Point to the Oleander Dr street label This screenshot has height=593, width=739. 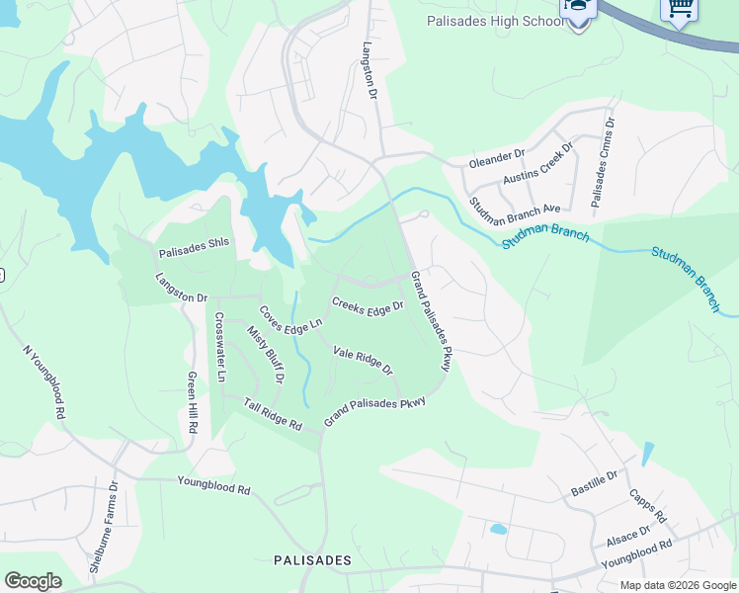click(496, 160)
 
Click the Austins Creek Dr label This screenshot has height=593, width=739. click(537, 164)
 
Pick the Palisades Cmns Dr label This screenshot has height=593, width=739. click(603, 163)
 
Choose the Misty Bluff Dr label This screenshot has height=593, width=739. click(265, 354)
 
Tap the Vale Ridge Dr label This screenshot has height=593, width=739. click(363, 361)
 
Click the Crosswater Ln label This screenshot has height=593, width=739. click(220, 348)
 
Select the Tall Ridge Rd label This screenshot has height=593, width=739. click(273, 414)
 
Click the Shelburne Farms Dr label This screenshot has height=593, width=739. click(104, 527)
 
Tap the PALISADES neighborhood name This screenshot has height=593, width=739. click(312, 560)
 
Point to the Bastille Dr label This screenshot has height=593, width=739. click(593, 483)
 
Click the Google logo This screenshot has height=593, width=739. click(33, 581)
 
